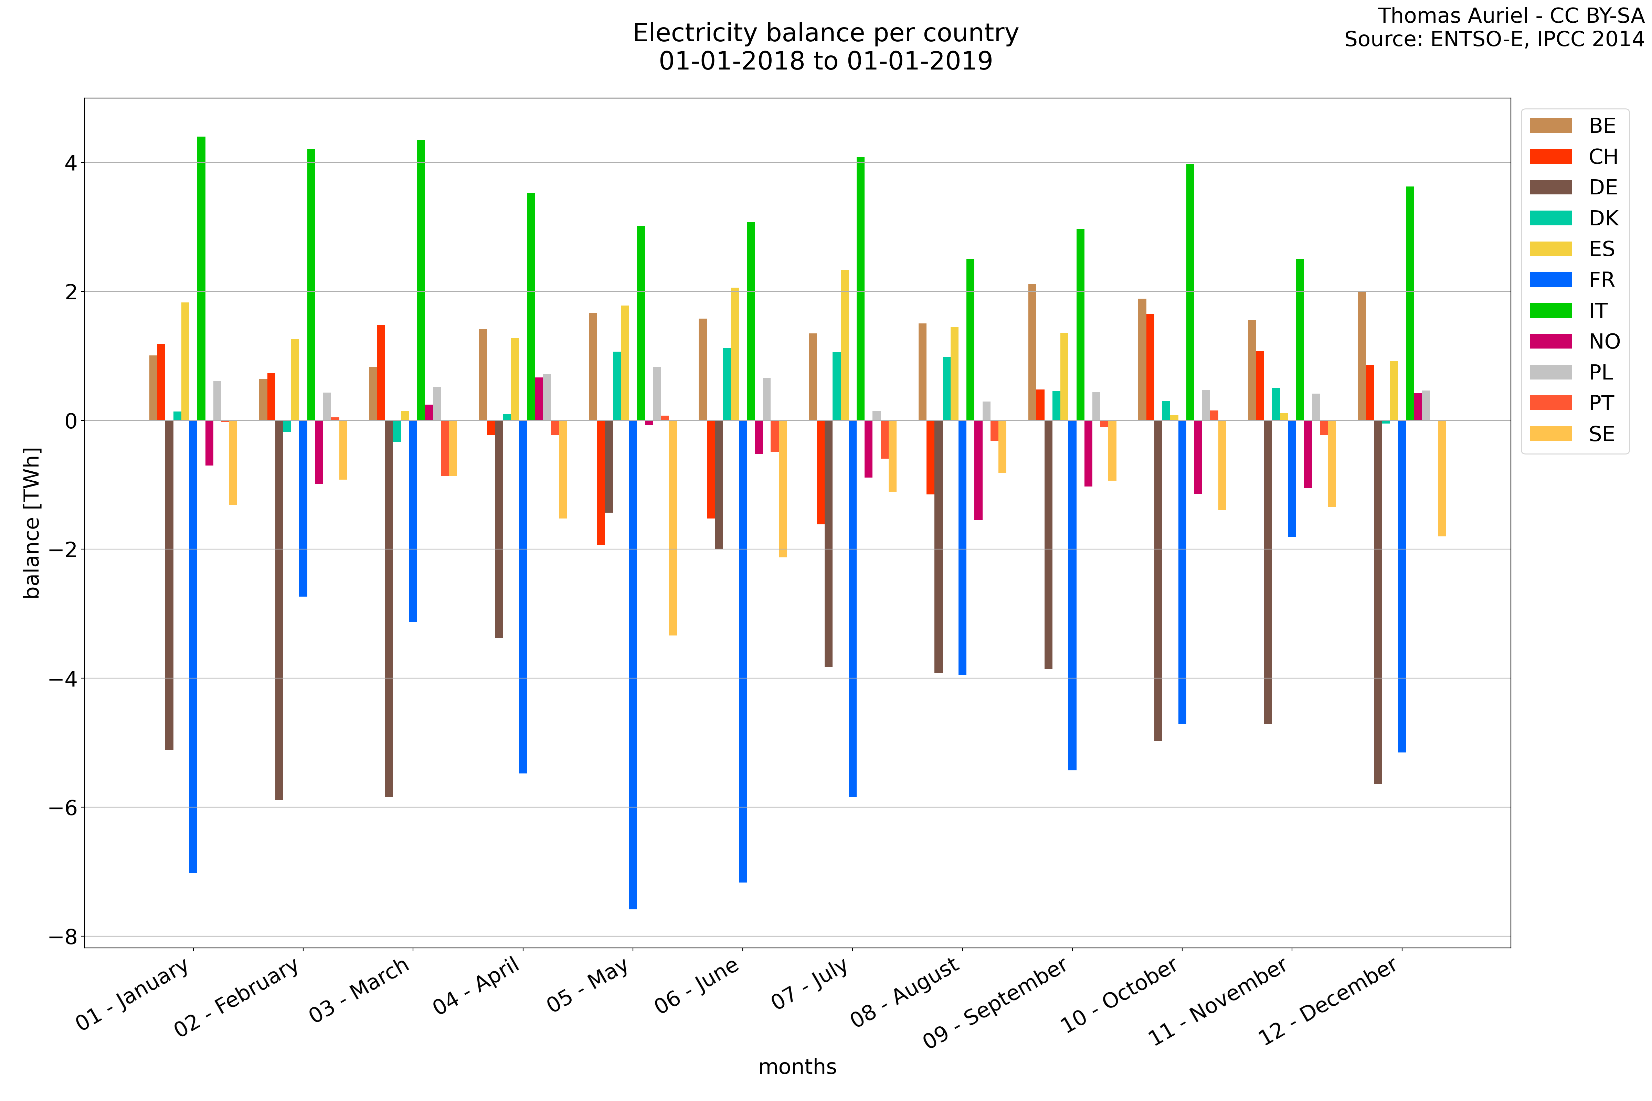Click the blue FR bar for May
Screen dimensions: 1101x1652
(x=633, y=664)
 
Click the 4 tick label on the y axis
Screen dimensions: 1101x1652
(x=70, y=163)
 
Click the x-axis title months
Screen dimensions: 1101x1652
(x=797, y=1067)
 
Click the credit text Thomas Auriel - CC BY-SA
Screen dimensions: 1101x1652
(x=1510, y=15)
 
